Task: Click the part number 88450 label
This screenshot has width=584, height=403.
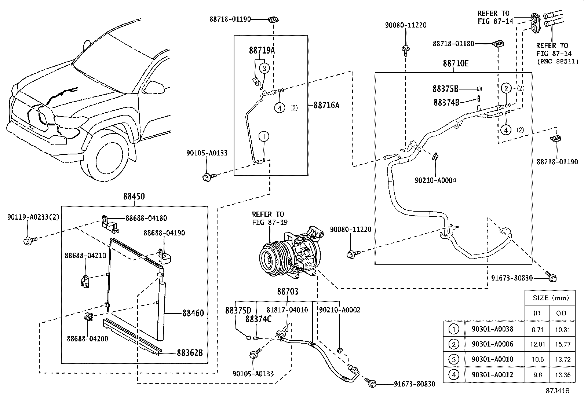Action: pyautogui.click(x=134, y=197)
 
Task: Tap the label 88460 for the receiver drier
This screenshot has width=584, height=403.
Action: pyautogui.click(x=193, y=313)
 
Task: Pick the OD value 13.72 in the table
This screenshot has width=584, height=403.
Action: pyautogui.click(x=562, y=359)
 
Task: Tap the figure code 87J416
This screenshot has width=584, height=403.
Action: pyautogui.click(x=557, y=391)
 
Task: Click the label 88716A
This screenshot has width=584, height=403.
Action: pyautogui.click(x=326, y=105)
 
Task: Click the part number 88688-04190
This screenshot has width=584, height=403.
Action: pyautogui.click(x=164, y=233)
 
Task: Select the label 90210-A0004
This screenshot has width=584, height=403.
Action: pyautogui.click(x=435, y=180)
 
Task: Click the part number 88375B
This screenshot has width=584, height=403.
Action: pyautogui.click(x=445, y=89)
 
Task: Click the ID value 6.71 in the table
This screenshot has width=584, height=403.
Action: pyautogui.click(x=537, y=329)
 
